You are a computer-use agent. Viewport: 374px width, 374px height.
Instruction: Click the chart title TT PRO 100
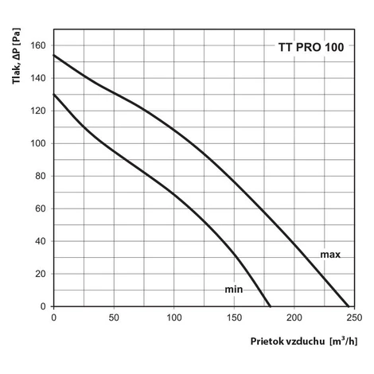pyautogui.click(x=311, y=47)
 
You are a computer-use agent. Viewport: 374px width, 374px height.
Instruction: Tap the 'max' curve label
pyautogui.click(x=330, y=255)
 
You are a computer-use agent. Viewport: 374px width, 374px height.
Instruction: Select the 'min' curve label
pyautogui.click(x=234, y=289)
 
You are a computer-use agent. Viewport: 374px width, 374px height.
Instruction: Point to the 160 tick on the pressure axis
pyautogui.click(x=38, y=45)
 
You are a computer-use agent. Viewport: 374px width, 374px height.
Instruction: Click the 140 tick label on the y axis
pyautogui.click(x=38, y=78)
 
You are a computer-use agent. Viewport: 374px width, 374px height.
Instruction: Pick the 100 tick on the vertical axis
pyautogui.click(x=38, y=143)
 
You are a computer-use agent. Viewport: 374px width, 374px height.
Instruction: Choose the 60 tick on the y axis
pyautogui.click(x=41, y=208)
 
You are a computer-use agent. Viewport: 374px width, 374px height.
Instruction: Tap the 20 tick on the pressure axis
pyautogui.click(x=41, y=274)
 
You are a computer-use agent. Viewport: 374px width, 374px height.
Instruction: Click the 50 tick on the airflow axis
pyautogui.click(x=114, y=318)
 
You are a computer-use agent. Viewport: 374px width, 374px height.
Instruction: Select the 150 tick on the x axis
pyautogui.click(x=234, y=318)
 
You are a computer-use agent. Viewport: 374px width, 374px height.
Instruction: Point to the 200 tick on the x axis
pyautogui.click(x=294, y=318)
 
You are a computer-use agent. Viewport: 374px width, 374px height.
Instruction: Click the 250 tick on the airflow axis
pyautogui.click(x=354, y=318)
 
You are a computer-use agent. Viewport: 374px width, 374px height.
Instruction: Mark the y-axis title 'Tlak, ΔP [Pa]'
pyautogui.click(x=16, y=56)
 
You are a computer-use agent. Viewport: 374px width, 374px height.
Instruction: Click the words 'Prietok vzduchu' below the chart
pyautogui.click(x=287, y=341)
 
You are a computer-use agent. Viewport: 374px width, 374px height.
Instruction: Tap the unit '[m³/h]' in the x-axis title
pyautogui.click(x=344, y=341)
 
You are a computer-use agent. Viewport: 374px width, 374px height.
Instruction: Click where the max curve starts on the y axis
pyautogui.click(x=54, y=55)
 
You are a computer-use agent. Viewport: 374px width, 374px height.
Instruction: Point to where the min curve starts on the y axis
pyautogui.click(x=54, y=94)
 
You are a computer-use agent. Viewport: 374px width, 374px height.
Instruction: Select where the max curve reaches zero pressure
pyautogui.click(x=349, y=306)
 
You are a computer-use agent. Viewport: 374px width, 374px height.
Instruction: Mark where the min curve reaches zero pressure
pyautogui.click(x=270, y=306)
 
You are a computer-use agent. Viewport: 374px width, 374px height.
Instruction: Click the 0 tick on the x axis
pyautogui.click(x=54, y=318)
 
